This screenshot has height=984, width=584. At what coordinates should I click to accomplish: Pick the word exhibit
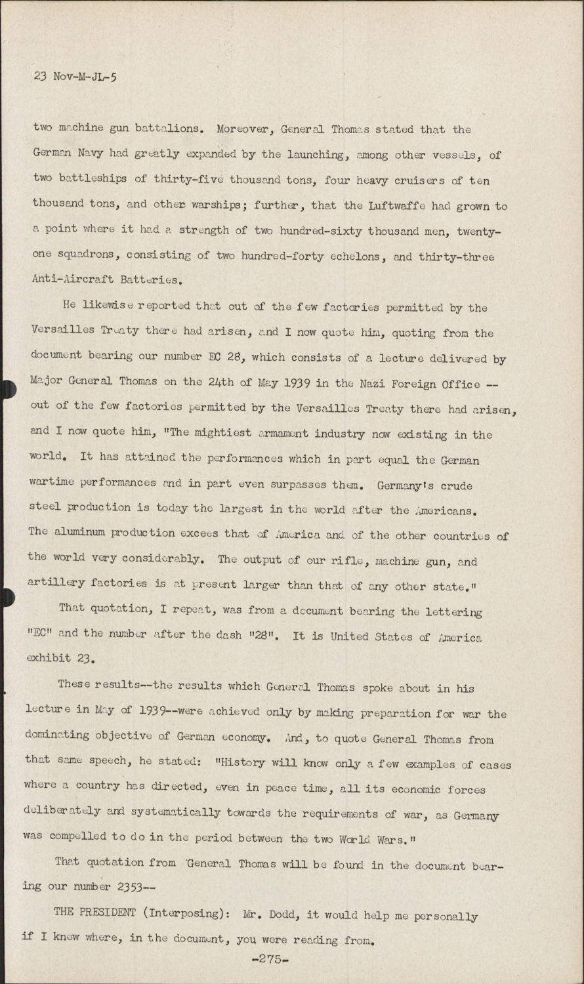tap(49, 659)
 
